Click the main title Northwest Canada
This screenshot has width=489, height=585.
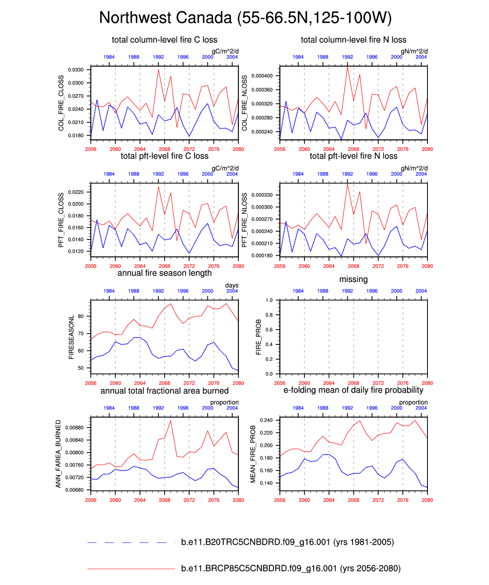(245, 18)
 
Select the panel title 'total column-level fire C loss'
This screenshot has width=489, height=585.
(165, 40)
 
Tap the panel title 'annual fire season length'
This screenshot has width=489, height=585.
(165, 273)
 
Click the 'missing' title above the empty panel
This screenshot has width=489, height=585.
(354, 279)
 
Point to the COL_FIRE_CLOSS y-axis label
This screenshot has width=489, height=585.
(61, 103)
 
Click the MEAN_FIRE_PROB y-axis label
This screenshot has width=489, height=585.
(253, 454)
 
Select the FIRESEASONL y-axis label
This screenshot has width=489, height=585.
(72, 337)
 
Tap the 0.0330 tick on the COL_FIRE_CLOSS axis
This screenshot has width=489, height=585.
(76, 70)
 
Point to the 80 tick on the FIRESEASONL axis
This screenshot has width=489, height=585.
(81, 316)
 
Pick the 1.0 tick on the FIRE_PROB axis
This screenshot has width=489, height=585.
(269, 300)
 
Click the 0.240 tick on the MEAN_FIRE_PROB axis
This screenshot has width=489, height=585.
(266, 421)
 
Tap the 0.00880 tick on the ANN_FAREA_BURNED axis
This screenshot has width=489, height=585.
(74, 428)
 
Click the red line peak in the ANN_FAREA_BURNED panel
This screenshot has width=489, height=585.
(171, 421)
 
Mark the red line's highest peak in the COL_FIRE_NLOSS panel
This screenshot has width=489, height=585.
(348, 67)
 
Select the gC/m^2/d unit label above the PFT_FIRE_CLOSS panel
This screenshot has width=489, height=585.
(225, 168)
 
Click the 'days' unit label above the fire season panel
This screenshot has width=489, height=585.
(232, 285)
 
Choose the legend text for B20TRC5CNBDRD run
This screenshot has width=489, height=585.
(287, 542)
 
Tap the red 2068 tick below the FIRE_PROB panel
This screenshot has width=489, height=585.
(354, 383)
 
